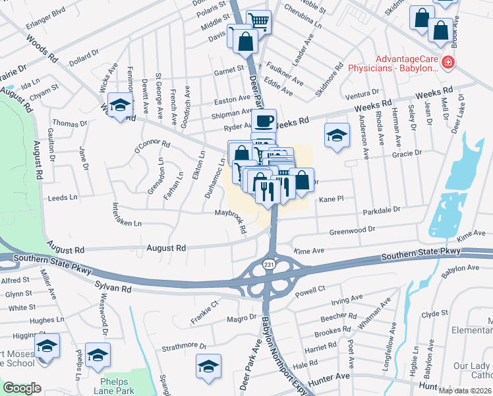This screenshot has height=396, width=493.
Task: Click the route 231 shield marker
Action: (x=269, y=264)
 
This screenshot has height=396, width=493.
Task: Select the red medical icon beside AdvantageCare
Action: (x=449, y=62)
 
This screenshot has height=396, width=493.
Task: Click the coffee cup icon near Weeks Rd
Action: (x=264, y=121)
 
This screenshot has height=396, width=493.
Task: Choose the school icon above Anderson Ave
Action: (x=337, y=136)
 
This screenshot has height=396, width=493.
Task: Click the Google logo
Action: (x=22, y=388)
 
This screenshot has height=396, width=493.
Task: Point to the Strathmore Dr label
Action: (x=185, y=346)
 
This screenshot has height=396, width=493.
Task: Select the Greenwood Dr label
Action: (x=352, y=230)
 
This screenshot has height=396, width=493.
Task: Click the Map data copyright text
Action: (x=465, y=389)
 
